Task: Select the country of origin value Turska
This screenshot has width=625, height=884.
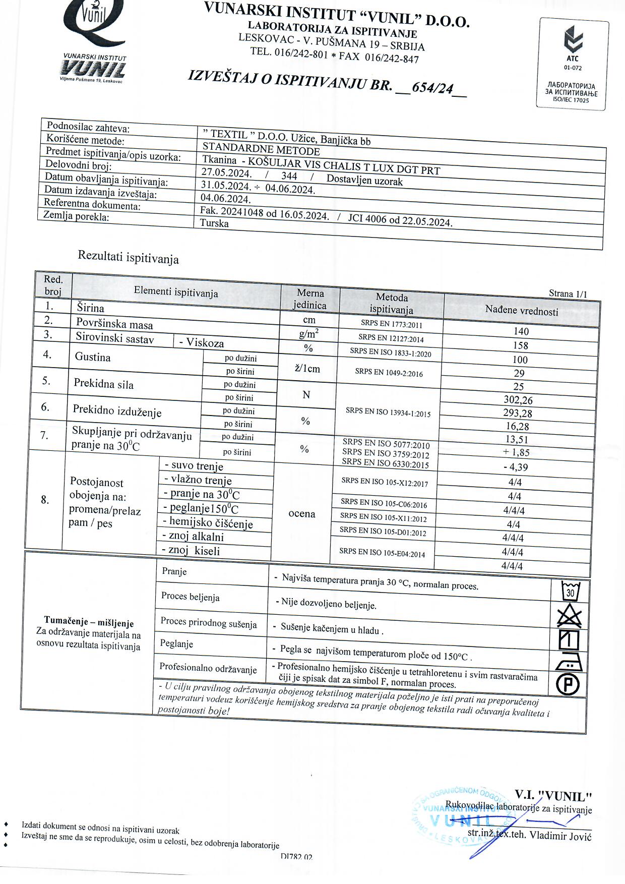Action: (214, 223)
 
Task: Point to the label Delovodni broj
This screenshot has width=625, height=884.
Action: (79, 165)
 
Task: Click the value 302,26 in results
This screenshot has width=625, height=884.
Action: (518, 400)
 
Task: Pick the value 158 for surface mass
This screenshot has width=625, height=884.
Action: (520, 345)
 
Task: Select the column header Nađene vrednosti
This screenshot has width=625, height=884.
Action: (522, 311)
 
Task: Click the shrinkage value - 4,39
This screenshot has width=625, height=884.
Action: (516, 467)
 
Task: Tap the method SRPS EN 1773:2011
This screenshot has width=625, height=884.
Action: (391, 324)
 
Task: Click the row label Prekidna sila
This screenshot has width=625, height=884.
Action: (104, 384)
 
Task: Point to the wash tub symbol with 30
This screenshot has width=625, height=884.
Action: (571, 591)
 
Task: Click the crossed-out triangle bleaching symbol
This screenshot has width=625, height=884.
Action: (570, 616)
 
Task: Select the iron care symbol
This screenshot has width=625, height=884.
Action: (569, 662)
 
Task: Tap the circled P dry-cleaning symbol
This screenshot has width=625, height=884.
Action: (568, 684)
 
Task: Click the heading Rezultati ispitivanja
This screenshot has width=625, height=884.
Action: (128, 257)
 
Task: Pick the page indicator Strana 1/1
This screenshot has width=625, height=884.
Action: (568, 294)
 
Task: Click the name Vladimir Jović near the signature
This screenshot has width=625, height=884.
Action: (560, 836)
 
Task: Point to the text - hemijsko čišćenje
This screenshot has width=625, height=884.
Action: (208, 522)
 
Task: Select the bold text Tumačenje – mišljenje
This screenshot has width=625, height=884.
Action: (89, 622)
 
